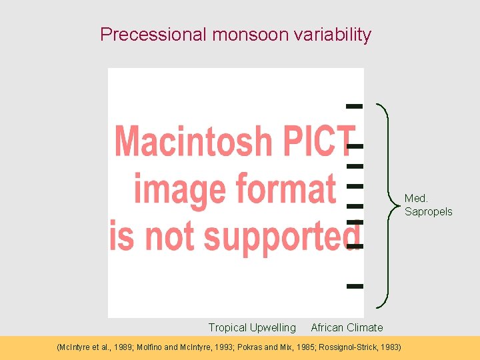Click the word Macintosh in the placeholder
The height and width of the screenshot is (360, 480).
point(193,141)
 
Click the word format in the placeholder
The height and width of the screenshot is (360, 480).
point(287,189)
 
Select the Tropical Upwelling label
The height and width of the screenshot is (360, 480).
point(252,327)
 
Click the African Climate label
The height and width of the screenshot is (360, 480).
point(347,327)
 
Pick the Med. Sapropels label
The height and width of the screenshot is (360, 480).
point(428,205)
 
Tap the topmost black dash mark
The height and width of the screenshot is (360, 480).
point(355,105)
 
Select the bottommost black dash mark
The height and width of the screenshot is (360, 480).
point(355,286)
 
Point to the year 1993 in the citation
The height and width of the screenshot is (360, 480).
point(234,347)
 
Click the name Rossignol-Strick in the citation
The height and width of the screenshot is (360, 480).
point(346,347)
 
